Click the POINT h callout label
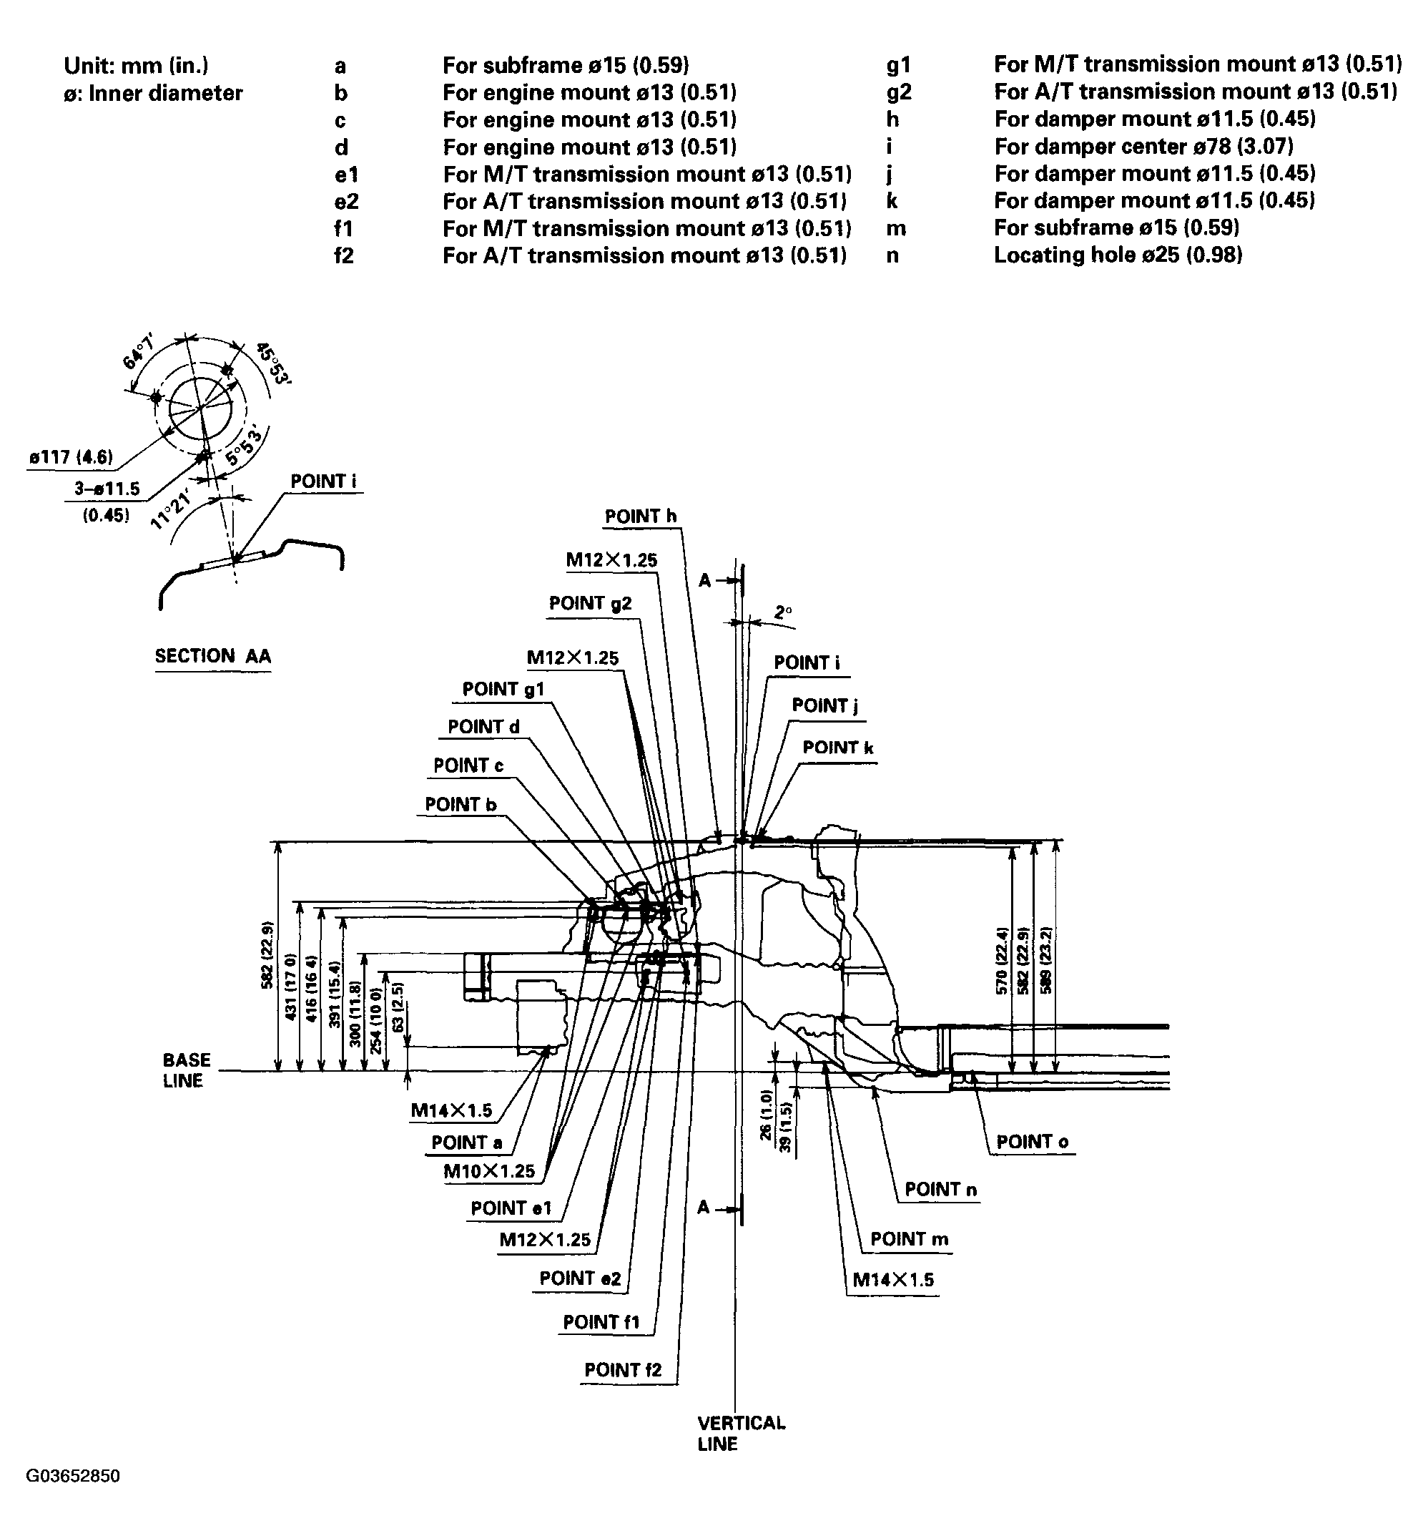[x=640, y=516]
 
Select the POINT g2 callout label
[x=590, y=602]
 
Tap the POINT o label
[x=1032, y=1141]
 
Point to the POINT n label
[x=940, y=1189]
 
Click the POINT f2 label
[x=623, y=1370]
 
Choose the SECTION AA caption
[x=212, y=656]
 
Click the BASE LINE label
[x=186, y=1070]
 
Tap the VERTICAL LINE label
[x=741, y=1433]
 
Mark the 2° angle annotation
[x=782, y=612]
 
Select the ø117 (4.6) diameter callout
[x=71, y=456]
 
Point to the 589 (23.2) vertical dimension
[x=1048, y=959]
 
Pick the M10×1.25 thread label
[x=489, y=1170]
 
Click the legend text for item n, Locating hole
[x=1118, y=255]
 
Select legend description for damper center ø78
[x=1143, y=146]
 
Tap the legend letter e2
[x=347, y=201]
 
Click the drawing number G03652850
[x=74, y=1477]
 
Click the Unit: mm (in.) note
[x=136, y=66]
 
